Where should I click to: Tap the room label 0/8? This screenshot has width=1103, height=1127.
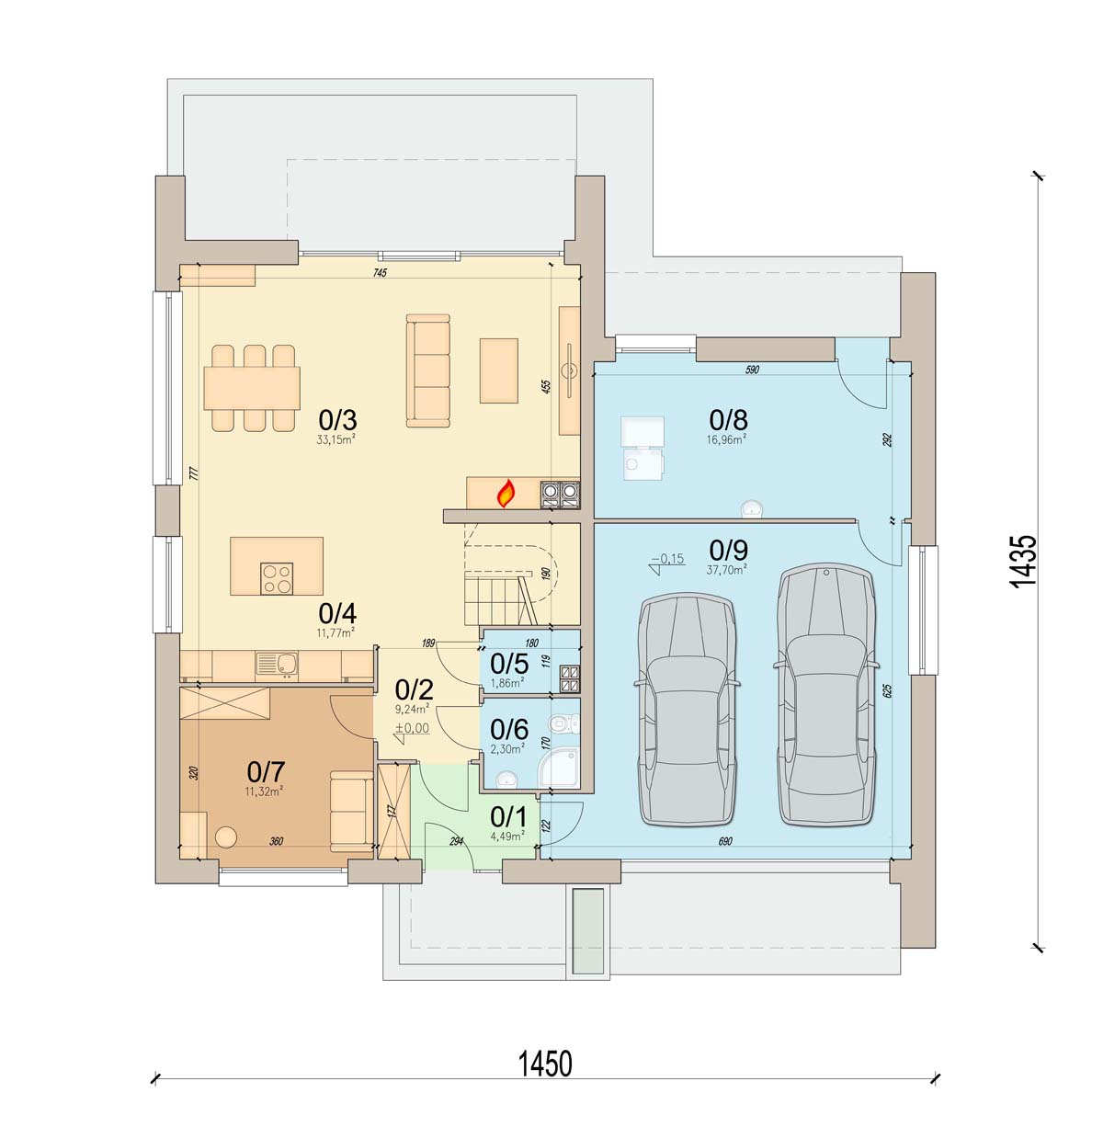[728, 419]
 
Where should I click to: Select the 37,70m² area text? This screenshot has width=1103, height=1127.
[726, 570]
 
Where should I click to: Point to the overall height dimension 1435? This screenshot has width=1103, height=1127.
[1024, 561]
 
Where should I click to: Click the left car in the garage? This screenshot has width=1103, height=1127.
[687, 710]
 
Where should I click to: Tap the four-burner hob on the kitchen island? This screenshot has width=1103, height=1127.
[277, 578]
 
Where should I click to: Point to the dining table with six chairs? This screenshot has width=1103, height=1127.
[252, 388]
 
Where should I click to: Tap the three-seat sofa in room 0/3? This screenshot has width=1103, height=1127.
[428, 370]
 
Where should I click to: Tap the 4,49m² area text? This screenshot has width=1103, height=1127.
[507, 836]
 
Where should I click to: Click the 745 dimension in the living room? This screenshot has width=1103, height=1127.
[381, 272]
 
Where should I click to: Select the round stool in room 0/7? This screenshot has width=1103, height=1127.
[226, 837]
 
